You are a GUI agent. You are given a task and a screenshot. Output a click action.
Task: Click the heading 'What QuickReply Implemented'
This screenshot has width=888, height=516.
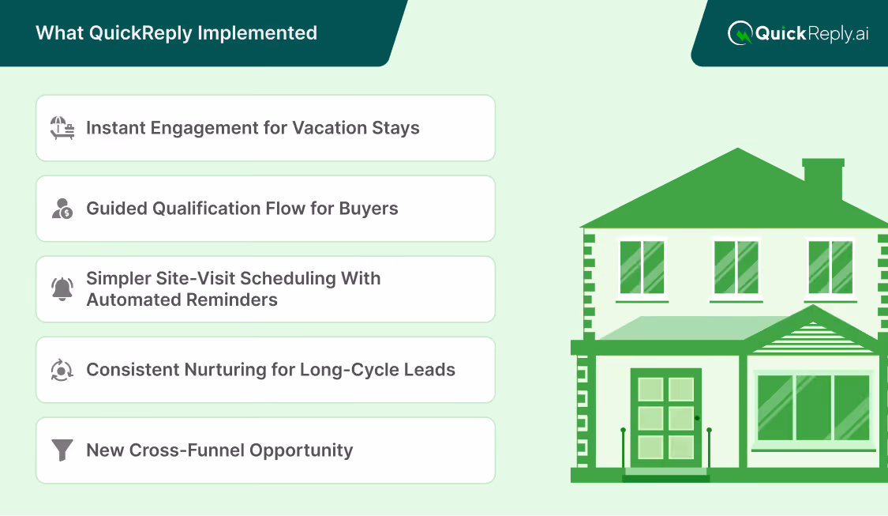[176, 33]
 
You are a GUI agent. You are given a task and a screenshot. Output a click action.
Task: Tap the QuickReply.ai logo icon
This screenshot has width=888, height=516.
[740, 33]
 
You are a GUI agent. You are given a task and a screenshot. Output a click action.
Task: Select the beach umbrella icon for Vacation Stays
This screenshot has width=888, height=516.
[62, 127]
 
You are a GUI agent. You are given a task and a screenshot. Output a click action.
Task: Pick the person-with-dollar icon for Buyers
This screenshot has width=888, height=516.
[62, 208]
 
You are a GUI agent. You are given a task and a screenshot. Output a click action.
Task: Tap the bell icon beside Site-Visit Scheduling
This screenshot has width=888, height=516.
[62, 288]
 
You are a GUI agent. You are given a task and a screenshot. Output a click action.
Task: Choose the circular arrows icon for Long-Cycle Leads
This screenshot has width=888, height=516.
[62, 370]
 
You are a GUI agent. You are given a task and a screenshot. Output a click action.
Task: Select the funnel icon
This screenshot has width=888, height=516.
[62, 450]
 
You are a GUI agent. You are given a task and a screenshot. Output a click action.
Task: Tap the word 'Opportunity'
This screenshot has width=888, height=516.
[302, 450]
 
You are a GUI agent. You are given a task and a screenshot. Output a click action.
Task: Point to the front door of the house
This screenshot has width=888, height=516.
[666, 419]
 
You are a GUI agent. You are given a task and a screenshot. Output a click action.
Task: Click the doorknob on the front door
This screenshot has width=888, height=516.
[697, 418]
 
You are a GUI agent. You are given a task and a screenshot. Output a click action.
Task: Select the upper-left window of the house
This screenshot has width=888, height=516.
[642, 267]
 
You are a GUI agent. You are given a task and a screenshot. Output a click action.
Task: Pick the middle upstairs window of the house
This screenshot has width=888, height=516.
[736, 267]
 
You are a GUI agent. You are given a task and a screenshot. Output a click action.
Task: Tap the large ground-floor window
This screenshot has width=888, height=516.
[813, 407]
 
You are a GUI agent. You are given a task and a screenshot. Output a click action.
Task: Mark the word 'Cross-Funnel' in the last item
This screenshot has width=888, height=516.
[187, 450]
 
